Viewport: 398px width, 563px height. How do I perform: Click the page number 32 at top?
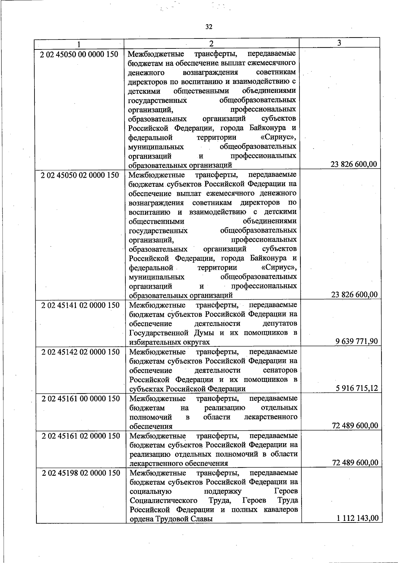208,27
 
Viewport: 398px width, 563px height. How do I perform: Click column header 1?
79,44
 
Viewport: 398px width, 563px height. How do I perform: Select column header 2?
211,43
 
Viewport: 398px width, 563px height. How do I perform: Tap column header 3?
339,43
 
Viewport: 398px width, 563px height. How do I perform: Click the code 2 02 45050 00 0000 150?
79,54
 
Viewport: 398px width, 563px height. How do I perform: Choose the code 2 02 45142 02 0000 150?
80,352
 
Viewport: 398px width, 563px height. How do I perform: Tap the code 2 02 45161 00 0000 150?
81,398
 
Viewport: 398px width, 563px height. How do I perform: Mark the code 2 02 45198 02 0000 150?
81,473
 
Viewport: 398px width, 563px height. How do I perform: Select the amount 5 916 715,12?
357,388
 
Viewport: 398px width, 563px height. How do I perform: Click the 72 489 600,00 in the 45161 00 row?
355,426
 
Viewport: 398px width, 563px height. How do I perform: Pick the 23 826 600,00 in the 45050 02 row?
354,295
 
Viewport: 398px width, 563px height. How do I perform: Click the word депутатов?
280,323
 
